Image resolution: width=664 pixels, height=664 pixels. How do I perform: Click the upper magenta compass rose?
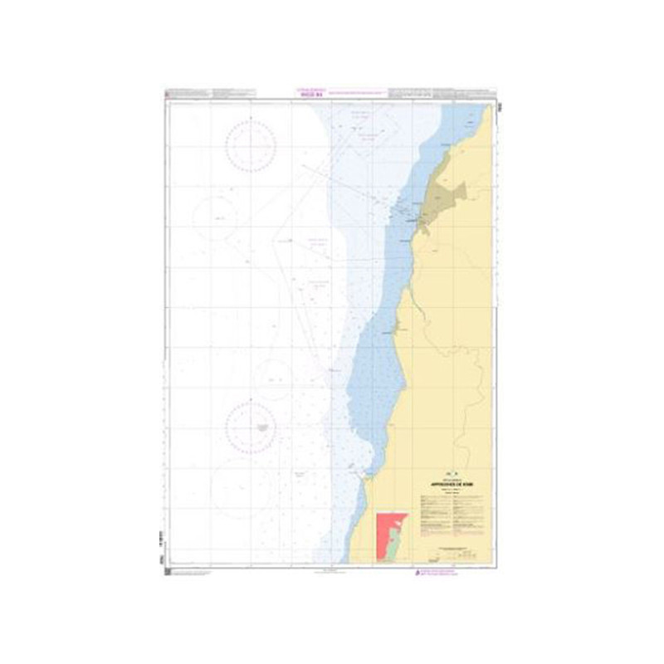(250, 145)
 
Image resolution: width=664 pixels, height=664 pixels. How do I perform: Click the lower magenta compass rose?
(251, 427)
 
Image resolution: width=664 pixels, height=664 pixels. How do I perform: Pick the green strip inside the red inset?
(395, 538)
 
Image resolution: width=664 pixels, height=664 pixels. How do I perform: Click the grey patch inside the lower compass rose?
(262, 427)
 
